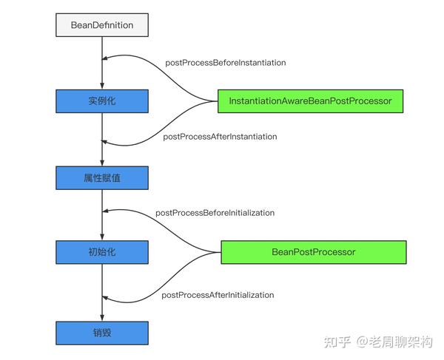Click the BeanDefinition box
click(x=102, y=25)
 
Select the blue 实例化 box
click(x=102, y=100)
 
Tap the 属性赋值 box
click(x=102, y=177)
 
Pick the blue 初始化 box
click(x=102, y=252)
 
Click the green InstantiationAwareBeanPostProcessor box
click(x=310, y=100)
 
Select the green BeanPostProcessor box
click(x=314, y=252)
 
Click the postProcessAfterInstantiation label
click(x=220, y=136)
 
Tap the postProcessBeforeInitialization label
click(x=215, y=213)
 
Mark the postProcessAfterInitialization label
click(x=218, y=295)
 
